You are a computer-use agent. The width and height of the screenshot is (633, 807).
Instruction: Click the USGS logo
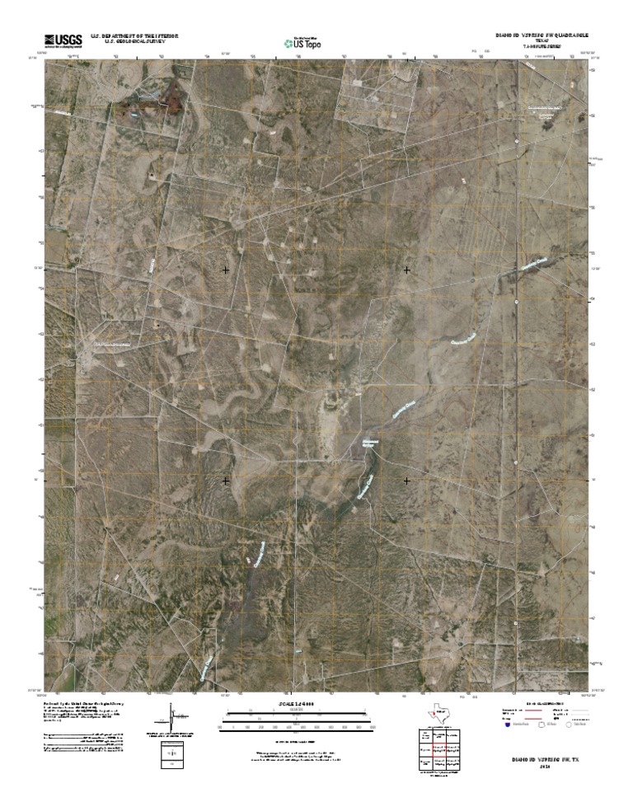point(63,39)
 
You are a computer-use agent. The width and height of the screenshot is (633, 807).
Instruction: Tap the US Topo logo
point(302,43)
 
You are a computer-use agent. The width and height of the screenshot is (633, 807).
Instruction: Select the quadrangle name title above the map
point(541,35)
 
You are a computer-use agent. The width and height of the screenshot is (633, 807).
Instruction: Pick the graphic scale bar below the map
point(302,723)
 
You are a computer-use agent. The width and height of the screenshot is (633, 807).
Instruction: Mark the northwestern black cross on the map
point(226,270)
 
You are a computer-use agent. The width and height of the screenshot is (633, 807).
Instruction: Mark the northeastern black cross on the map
point(406,270)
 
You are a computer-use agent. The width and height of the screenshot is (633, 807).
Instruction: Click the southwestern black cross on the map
point(226,480)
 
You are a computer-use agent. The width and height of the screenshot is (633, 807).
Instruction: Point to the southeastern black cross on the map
point(406,480)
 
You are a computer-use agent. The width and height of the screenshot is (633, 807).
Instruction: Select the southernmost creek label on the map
point(208,664)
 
